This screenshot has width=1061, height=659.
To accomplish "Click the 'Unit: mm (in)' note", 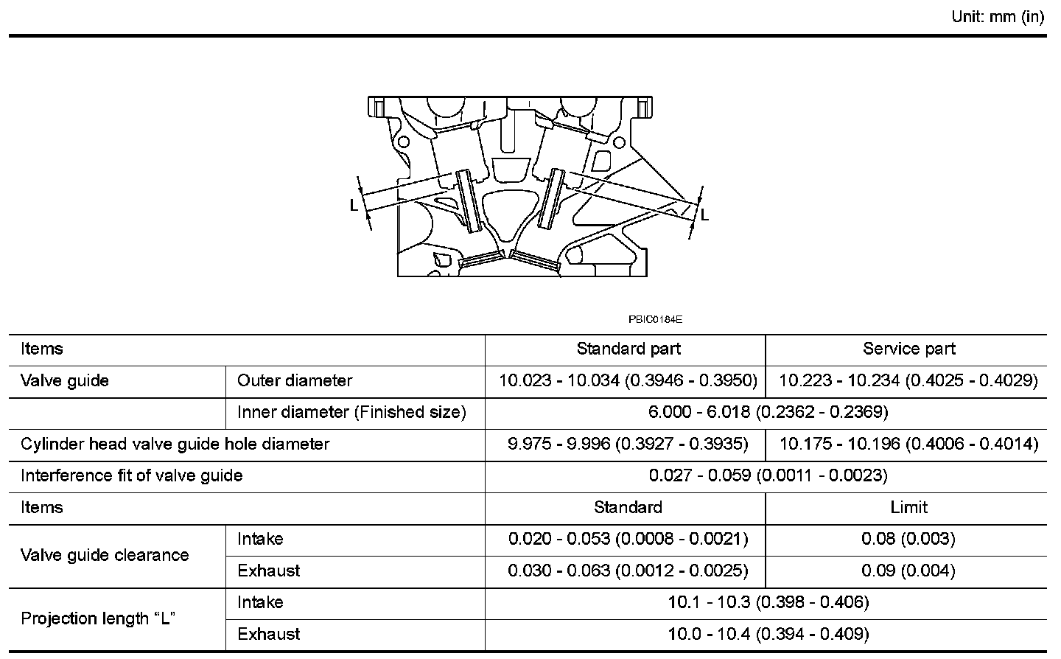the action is pyautogui.click(x=998, y=18).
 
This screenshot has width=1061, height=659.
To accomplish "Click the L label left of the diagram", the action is pyautogui.click(x=354, y=205).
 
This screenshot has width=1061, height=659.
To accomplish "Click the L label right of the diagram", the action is pyautogui.click(x=704, y=215).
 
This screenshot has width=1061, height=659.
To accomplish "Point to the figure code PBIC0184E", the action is pyautogui.click(x=656, y=320).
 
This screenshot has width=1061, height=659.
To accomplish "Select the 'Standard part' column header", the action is pyautogui.click(x=628, y=349).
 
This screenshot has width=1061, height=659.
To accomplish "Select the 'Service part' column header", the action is pyautogui.click(x=908, y=349).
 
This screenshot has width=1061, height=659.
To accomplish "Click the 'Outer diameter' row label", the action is pyautogui.click(x=295, y=380).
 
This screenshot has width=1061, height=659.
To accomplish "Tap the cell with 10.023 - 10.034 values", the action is pyautogui.click(x=628, y=380).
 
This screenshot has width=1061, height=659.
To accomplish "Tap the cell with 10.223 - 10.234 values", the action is pyautogui.click(x=908, y=380).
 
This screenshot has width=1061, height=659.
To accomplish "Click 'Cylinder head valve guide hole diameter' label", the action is pyautogui.click(x=175, y=444).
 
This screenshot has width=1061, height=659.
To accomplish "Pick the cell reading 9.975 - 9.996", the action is pyautogui.click(x=628, y=444).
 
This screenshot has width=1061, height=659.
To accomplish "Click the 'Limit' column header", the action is pyautogui.click(x=908, y=507).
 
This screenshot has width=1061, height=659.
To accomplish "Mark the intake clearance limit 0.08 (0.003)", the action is pyautogui.click(x=908, y=539).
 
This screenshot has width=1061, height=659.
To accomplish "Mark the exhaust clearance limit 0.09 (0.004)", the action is pyautogui.click(x=908, y=571).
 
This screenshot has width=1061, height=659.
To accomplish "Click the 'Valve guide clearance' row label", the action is pyautogui.click(x=105, y=555).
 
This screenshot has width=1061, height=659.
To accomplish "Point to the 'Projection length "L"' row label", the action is pyautogui.click(x=97, y=618).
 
